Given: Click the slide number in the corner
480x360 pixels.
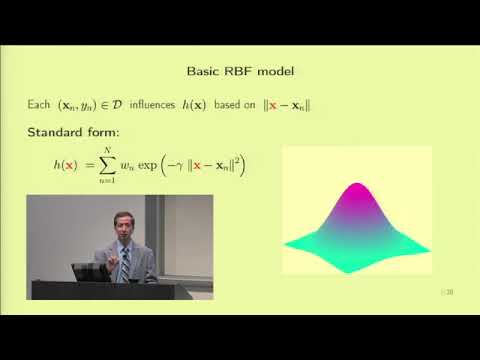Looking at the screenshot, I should point(449,292).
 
